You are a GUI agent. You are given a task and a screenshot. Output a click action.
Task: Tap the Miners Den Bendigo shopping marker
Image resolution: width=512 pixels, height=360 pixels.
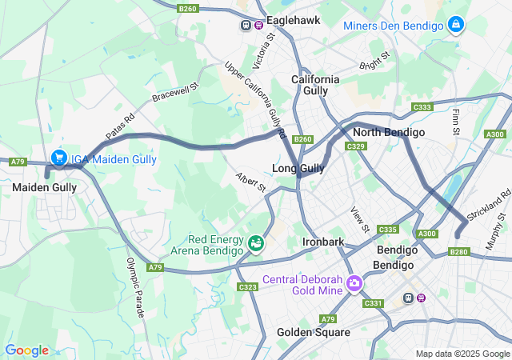tap(456, 25)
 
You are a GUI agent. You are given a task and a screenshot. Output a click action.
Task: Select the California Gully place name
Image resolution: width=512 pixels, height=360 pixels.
tap(315, 86)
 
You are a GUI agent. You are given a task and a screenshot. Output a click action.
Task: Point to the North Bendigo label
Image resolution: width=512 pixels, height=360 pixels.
tap(388, 132)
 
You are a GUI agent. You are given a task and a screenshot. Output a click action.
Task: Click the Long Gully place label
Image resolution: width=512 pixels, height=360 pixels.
tap(298, 169)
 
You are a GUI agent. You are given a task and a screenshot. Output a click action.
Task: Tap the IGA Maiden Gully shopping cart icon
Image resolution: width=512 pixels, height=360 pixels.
tap(58, 158)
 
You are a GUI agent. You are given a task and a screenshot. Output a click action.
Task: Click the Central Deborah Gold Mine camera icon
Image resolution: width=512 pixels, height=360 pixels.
tap(354, 283)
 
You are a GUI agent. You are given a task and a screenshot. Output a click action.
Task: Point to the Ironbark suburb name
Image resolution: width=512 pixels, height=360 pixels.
tap(323, 242)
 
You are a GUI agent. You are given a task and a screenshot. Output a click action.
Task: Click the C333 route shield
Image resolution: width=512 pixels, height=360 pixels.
tap(422, 107)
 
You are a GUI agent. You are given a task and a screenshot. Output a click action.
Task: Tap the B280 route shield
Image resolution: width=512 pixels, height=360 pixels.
tap(458, 252)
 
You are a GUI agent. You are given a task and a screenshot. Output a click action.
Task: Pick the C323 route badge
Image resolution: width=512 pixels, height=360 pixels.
tap(246, 286)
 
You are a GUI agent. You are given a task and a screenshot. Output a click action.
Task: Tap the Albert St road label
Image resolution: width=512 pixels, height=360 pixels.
tap(250, 182)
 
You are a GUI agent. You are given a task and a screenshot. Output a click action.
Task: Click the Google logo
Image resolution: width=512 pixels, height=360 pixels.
tap(26, 350)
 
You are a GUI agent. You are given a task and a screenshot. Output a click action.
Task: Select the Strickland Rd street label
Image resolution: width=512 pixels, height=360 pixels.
tap(494, 206)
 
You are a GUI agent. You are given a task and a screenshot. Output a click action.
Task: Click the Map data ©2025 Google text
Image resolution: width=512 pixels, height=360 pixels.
tap(462, 354)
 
